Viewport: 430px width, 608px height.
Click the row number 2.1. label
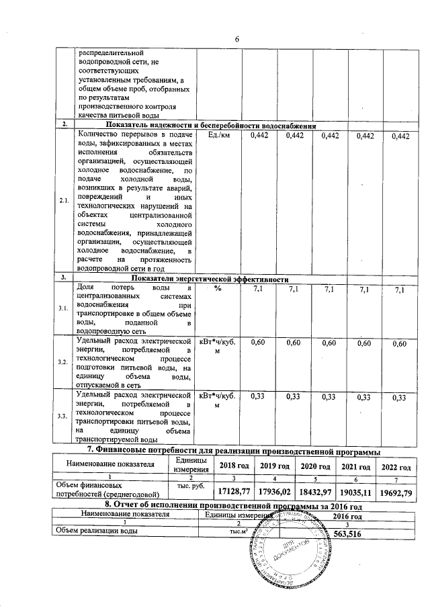point(64,201)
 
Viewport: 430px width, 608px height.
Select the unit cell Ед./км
point(219,136)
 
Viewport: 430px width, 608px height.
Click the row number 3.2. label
point(63,363)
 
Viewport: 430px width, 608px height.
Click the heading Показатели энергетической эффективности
point(210,278)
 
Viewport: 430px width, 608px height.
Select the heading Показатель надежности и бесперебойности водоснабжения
point(210,126)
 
